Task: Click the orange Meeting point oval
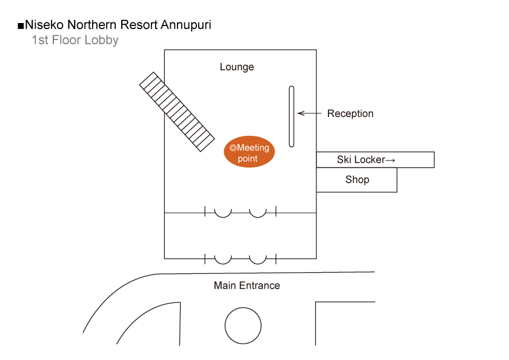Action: (249, 152)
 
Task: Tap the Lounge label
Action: (237, 67)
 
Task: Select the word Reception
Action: (350, 113)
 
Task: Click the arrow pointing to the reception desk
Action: (309, 113)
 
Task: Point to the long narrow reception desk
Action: (291, 116)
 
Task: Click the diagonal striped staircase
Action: (177, 112)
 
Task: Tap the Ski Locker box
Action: (375, 160)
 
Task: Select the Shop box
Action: (357, 180)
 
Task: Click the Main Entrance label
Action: (247, 285)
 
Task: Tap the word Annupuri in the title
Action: (186, 25)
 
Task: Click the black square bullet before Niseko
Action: (21, 25)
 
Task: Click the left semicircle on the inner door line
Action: (223, 217)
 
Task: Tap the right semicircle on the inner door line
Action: (258, 217)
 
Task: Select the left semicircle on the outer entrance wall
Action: (223, 263)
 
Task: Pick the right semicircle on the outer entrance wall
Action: (258, 263)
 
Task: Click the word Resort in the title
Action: (139, 25)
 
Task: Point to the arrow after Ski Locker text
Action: (390, 160)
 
